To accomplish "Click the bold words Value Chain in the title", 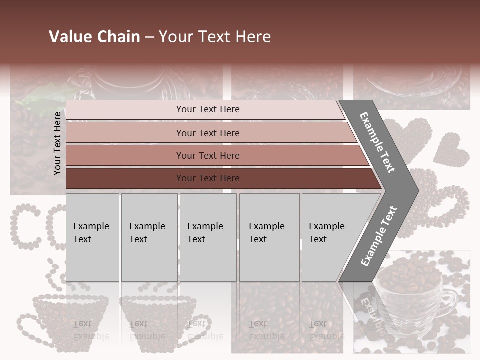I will point(94,37).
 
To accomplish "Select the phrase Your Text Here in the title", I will point(215,37).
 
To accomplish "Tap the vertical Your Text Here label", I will point(57,143).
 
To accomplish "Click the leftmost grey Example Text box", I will point(92,237).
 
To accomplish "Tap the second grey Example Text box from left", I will point(149,237).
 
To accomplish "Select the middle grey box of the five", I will point(208,237).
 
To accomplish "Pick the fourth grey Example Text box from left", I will point(269,237).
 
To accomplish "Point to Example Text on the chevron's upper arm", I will point(378,142).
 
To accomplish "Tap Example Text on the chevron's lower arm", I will point(378,236).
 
